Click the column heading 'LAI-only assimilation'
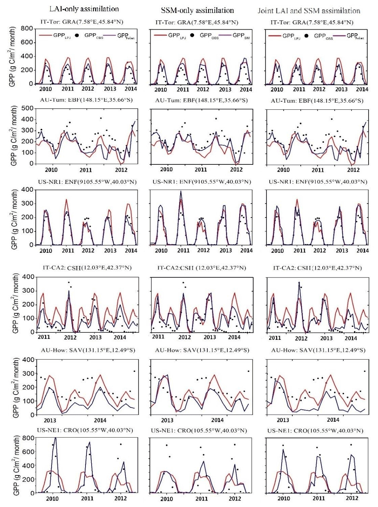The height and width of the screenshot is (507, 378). pos(84,8)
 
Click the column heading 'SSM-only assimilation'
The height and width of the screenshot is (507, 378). pos(197,10)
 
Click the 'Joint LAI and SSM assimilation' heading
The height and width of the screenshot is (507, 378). pos(309,10)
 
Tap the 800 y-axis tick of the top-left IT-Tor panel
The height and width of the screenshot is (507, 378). pos(27,29)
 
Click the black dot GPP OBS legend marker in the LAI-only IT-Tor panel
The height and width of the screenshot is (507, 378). pos(77,35)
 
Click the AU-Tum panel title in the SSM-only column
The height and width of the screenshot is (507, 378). pos(201,100)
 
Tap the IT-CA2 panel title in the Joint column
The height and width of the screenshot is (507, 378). pos(317,268)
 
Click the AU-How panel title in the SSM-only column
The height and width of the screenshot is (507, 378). pos(202,350)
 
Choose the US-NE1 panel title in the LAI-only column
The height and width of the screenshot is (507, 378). pos(85,430)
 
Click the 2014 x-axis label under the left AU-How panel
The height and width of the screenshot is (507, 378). pos(100,420)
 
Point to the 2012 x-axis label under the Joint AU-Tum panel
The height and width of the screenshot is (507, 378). pos(353,170)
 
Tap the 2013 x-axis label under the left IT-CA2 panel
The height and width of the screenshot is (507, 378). pos(95,337)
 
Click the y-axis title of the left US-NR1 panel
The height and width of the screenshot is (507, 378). pos(14,220)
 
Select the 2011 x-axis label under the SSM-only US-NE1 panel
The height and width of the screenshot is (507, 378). pos(202,499)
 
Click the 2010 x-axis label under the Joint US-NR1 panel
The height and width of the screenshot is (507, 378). pos(277,250)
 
